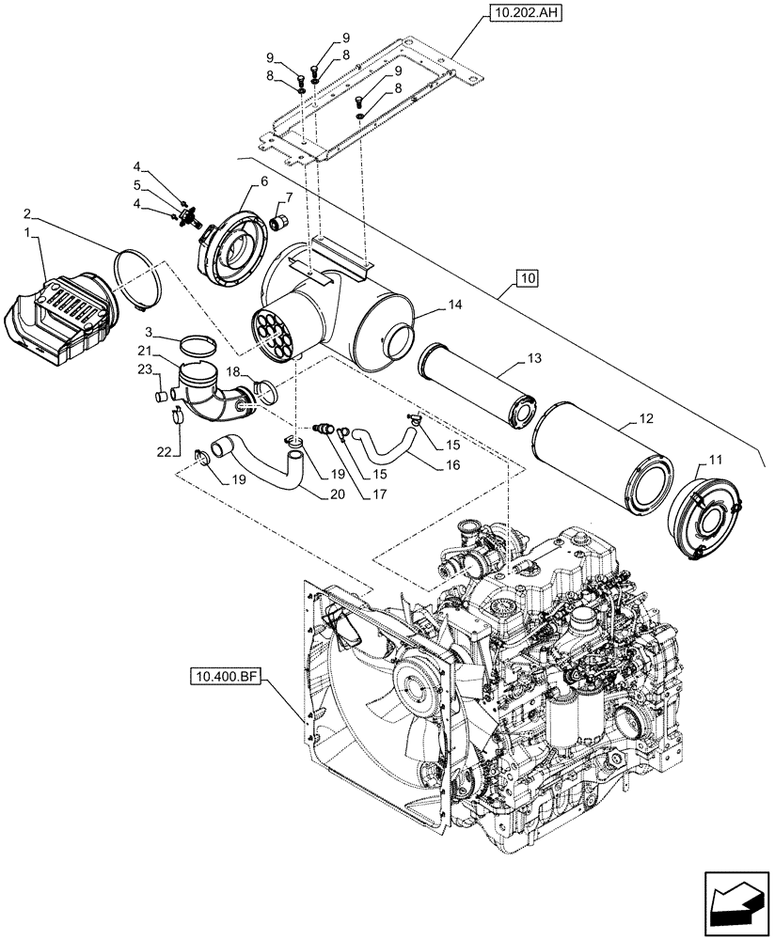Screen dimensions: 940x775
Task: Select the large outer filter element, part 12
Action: coord(602,460)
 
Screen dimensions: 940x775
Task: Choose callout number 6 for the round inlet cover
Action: coord(261,180)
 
